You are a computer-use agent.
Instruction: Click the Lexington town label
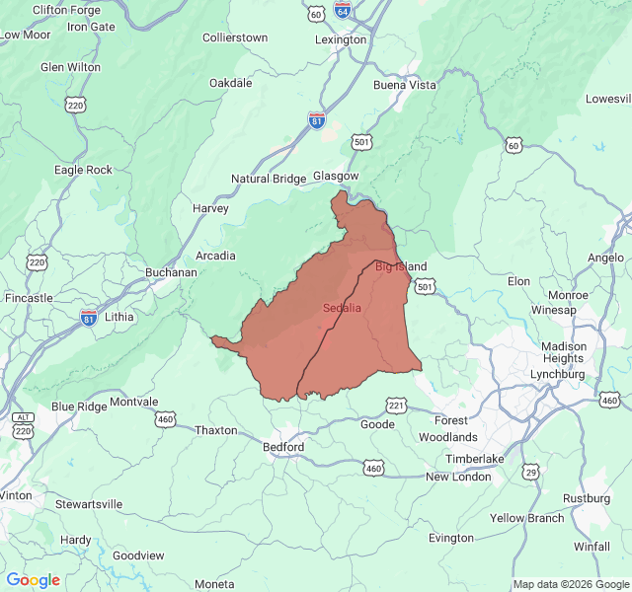[x=340, y=40]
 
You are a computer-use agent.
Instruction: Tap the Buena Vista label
[x=404, y=85]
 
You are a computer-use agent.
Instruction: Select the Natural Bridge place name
[x=269, y=179]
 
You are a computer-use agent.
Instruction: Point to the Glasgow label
[x=336, y=176]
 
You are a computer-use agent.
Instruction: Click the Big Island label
[x=401, y=266]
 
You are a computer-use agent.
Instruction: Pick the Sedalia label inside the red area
[x=342, y=308]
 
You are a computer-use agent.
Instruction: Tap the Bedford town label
[x=283, y=447]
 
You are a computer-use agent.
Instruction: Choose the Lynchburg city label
[x=557, y=374]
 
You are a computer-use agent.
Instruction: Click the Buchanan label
[x=170, y=272]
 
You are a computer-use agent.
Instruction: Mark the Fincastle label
[x=29, y=297]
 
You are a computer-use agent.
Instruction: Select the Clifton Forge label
[x=65, y=10]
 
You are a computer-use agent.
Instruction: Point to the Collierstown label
[x=235, y=37]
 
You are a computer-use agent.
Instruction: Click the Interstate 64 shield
[x=343, y=11]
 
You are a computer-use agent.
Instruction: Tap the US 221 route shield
[x=396, y=406]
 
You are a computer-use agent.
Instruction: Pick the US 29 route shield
[x=531, y=473]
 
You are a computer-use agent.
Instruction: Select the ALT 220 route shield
[x=23, y=425]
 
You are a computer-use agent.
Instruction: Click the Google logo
[x=33, y=580]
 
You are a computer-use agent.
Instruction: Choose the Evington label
[x=451, y=538]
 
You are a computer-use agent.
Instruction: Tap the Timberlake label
[x=475, y=459]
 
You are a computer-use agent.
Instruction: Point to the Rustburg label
[x=587, y=498]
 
